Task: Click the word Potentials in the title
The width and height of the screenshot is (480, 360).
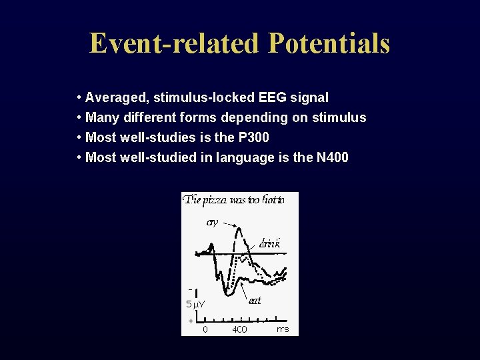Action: [329, 44]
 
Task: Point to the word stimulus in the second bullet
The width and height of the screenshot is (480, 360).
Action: [342, 118]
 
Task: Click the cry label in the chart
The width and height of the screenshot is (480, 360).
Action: [212, 221]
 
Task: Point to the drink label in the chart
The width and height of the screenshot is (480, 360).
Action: [269, 244]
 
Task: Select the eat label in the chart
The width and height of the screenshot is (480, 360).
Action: [255, 300]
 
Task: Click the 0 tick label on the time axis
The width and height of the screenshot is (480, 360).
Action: [205, 329]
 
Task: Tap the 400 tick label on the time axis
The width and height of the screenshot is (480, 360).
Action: [239, 329]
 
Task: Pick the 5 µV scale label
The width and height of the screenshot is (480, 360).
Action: [195, 305]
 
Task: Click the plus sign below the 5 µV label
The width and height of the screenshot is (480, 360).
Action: [190, 321]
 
